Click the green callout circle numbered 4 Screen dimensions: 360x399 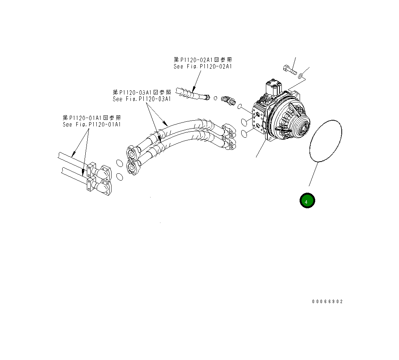[307, 201]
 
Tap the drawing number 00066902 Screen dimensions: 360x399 [327, 302]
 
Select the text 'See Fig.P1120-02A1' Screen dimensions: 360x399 [203, 66]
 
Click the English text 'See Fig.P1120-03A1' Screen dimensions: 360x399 [142, 99]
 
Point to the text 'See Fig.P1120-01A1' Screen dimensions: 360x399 [92, 124]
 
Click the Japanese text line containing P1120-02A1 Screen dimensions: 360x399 [203, 60]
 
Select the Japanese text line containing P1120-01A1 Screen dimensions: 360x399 [92, 118]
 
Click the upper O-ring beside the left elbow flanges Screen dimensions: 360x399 [119, 163]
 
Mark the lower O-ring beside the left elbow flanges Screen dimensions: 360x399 [119, 176]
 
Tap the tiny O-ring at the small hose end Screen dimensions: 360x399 [215, 98]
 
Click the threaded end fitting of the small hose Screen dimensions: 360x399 [207, 98]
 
